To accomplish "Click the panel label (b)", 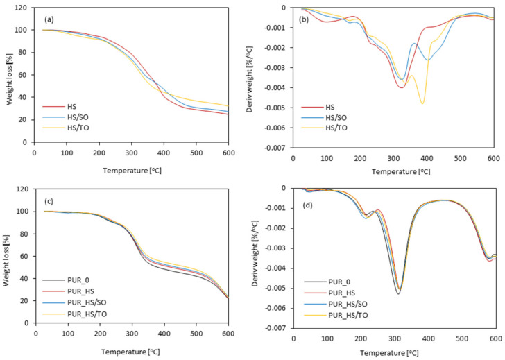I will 303,20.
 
